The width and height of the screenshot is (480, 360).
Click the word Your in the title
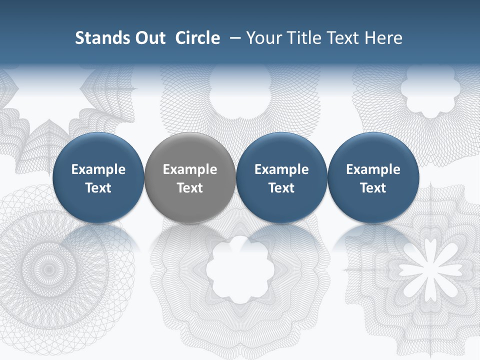(263, 38)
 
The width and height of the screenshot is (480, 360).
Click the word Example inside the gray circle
(190, 169)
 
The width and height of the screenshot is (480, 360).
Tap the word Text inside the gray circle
(190, 188)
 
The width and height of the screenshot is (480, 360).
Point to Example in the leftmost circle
(98, 169)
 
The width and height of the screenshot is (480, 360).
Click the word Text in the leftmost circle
(98, 188)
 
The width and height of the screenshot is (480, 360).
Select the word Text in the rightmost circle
(373, 188)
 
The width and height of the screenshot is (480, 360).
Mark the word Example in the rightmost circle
(373, 169)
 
